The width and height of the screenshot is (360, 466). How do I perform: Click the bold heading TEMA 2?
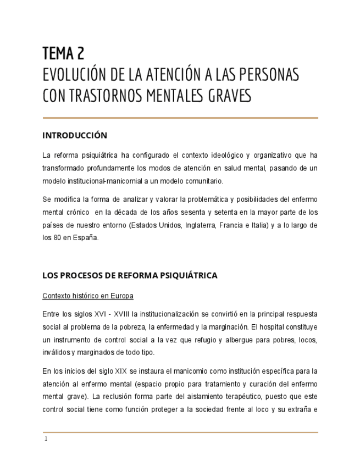coord(63,53)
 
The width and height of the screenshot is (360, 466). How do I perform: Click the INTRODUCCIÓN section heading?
coord(75,135)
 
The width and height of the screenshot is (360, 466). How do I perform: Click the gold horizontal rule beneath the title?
coord(180,118)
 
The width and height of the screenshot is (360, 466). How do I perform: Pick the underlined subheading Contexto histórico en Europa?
coord(88,296)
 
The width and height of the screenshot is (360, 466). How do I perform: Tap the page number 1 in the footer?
coord(46,439)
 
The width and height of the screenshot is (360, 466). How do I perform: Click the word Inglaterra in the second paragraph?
coord(196,225)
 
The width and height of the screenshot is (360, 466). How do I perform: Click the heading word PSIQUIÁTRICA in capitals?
coord(187,275)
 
